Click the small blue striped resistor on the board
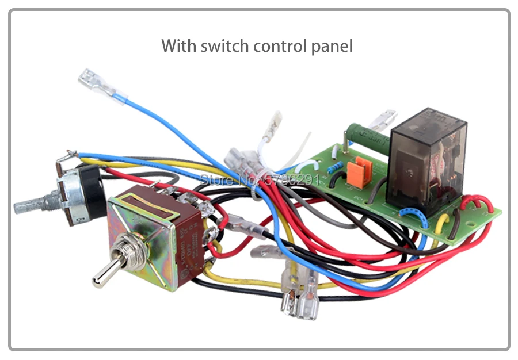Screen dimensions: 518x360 [x=336, y=167]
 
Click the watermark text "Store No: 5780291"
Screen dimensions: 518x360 [x=259, y=178]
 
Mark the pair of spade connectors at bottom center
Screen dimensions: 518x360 [x=299, y=293]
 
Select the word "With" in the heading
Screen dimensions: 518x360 [x=178, y=45]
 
